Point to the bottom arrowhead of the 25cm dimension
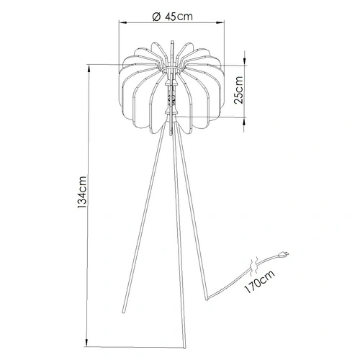click(245, 117)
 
